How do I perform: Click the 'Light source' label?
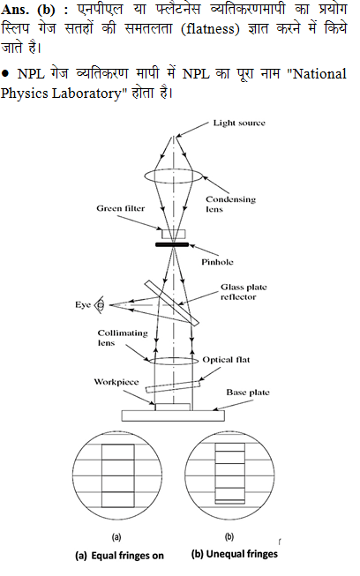(x=239, y=123)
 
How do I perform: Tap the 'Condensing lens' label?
(x=230, y=204)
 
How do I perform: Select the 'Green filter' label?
(x=121, y=208)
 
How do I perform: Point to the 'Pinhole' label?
(x=217, y=262)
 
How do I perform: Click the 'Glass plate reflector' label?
(x=244, y=292)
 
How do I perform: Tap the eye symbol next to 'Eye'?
(x=100, y=305)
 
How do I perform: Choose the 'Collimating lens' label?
(x=123, y=338)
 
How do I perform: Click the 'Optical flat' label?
(x=226, y=360)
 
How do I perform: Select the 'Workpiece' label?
(x=116, y=382)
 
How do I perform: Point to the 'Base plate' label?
(x=248, y=393)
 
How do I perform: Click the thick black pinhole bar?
(x=172, y=244)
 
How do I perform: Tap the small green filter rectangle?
(x=174, y=234)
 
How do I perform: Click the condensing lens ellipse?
(x=173, y=176)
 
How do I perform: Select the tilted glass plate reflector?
(x=172, y=303)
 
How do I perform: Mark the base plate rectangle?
(x=173, y=415)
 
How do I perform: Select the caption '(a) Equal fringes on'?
(x=119, y=556)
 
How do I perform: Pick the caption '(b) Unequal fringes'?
(x=235, y=554)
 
